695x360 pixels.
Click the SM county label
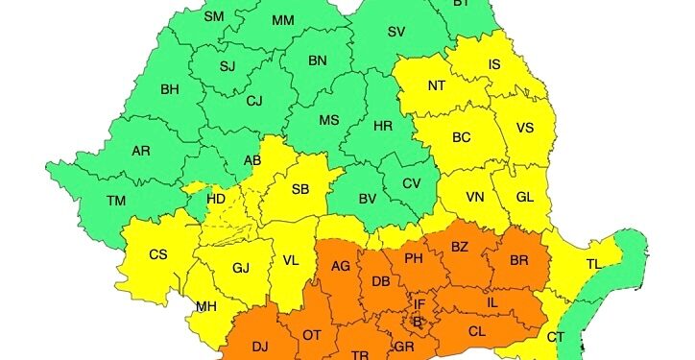tap(214, 17)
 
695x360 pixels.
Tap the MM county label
tap(283, 20)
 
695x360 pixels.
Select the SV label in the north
tap(395, 32)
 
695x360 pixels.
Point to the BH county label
tap(170, 90)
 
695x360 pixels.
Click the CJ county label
tap(254, 100)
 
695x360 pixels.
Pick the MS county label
tap(329, 120)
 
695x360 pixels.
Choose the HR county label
tap(382, 126)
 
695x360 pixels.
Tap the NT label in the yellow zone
tap(437, 85)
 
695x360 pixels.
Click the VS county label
tap(525, 128)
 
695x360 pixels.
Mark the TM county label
tap(116, 201)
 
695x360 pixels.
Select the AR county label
tap(141, 152)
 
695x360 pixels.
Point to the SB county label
tap(300, 189)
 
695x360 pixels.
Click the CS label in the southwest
tap(158, 254)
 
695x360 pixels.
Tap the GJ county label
tap(240, 268)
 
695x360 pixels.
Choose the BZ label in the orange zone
tap(460, 247)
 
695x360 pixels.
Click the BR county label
tap(519, 260)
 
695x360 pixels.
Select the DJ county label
tap(260, 346)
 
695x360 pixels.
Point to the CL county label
tap(477, 330)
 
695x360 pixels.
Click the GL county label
tap(524, 196)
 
